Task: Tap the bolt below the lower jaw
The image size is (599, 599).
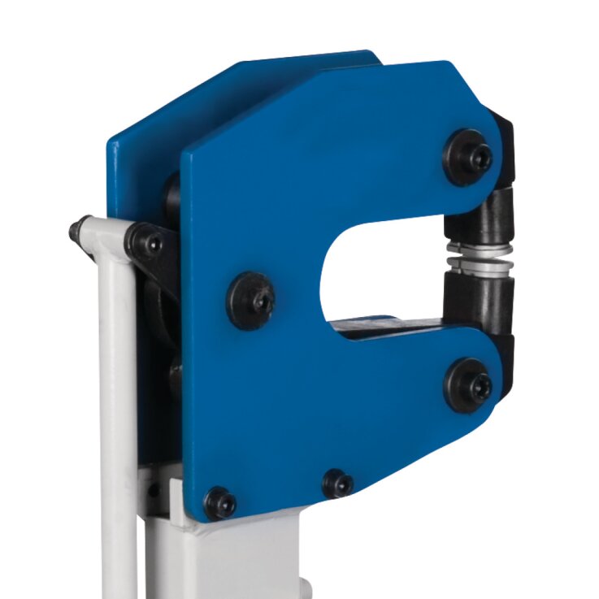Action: (471, 383)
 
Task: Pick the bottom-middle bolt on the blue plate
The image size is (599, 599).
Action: (336, 484)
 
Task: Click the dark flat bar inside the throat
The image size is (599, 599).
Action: (382, 328)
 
